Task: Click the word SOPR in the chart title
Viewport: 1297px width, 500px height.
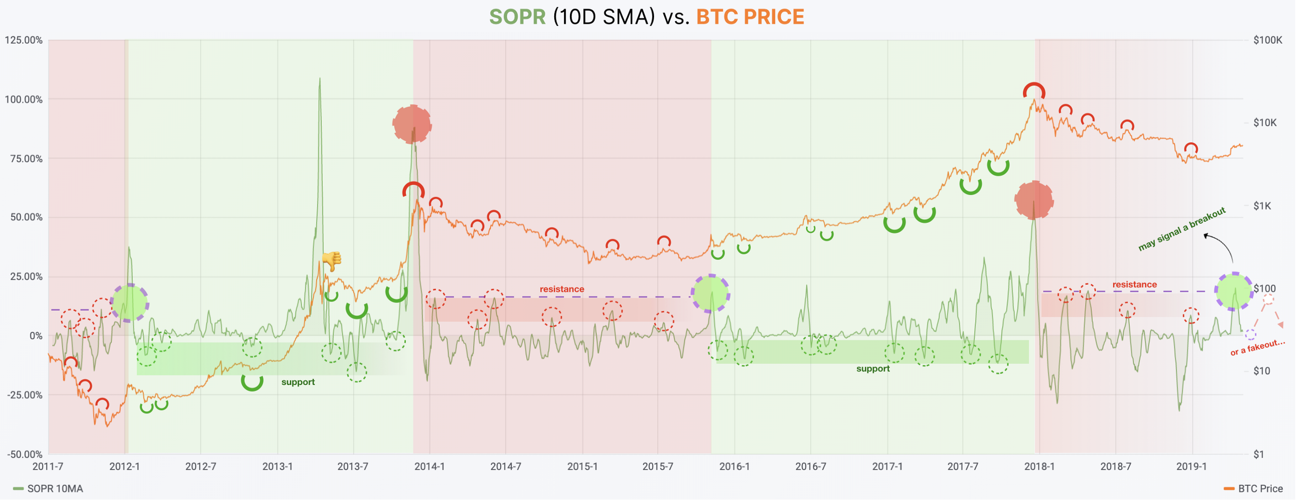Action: click(517, 17)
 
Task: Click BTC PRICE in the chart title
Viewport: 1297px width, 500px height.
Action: click(750, 17)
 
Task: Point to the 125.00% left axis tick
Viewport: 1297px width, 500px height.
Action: click(24, 40)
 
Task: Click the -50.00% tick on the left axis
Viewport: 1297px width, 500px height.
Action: click(24, 454)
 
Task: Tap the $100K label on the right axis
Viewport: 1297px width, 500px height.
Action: click(1268, 40)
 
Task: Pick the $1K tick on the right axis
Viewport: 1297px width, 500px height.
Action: click(1262, 206)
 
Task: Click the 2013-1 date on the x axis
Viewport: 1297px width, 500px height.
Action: click(277, 467)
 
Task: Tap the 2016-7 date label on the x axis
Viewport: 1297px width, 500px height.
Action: click(810, 467)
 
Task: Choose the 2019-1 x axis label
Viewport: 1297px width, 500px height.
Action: click(1191, 467)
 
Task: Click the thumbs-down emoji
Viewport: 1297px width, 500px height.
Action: click(332, 261)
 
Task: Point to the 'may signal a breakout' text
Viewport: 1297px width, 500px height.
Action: click(1181, 229)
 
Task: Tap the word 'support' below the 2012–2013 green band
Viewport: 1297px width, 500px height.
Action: click(298, 382)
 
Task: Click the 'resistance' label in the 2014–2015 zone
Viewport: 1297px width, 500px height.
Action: click(561, 289)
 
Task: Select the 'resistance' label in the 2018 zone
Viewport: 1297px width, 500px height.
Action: click(1134, 285)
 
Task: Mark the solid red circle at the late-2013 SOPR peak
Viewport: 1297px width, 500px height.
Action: click(412, 124)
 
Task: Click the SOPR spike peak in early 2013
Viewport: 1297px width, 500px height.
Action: click(320, 80)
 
